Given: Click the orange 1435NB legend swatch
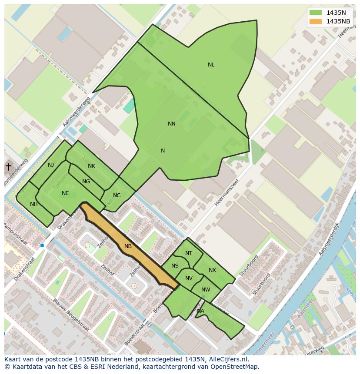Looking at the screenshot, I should coord(316,21).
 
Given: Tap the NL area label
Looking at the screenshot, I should coord(211,65).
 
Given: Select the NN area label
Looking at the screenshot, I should coord(172,124).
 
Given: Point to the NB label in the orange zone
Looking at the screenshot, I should coord(128,246).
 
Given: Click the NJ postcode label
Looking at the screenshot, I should coord(51,165).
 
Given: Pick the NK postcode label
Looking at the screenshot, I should coord(91,166).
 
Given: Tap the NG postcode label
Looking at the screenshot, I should coord(86,182).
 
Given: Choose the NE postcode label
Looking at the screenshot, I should coord(65,193).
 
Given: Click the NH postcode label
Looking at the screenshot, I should coord(33,204).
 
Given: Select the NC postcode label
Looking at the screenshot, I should coord(117,195).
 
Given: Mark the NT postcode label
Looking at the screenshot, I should coord(188,253).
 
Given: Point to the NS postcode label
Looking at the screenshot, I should coord(175,266).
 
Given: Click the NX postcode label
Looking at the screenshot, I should coord(212,270).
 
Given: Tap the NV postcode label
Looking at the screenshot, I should coord(189,278).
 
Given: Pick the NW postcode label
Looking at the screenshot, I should coord(206,290).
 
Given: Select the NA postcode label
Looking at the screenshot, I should coord(200,311).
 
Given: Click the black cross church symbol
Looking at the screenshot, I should coord(8,166).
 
